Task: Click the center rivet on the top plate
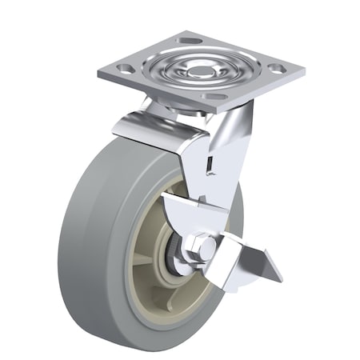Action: point(198,71)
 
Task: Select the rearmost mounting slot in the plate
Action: point(190,40)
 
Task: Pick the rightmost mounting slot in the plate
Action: point(274,70)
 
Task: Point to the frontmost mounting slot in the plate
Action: point(214,97)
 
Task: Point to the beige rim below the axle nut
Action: point(180,296)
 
